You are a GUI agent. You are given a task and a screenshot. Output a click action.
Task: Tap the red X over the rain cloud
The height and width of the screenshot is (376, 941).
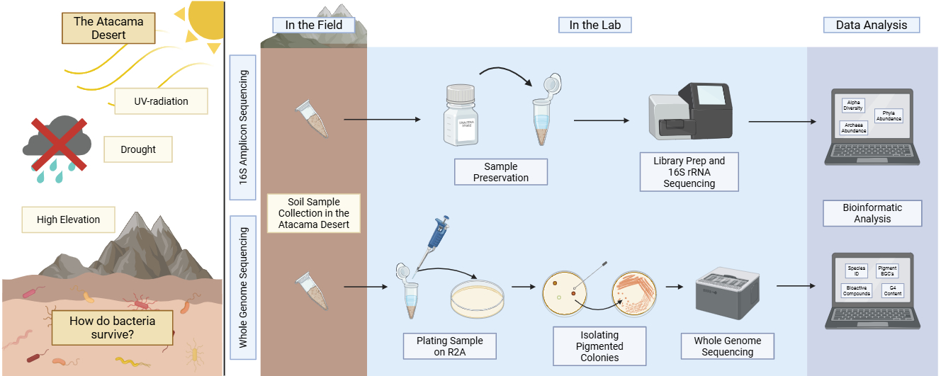point(59,144)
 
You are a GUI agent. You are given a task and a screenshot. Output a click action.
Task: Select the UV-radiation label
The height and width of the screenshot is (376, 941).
point(162,101)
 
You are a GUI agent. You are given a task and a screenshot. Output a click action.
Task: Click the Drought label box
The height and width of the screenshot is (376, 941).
point(137,149)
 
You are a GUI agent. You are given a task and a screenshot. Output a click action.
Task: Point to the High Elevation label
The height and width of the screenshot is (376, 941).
point(68,220)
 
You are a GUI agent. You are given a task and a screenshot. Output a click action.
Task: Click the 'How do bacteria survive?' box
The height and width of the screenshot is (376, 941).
point(112,326)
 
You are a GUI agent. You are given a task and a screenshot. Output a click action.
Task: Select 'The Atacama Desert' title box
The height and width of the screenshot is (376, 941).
point(108,28)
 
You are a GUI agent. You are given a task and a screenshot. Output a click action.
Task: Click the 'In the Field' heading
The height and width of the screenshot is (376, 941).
point(313,25)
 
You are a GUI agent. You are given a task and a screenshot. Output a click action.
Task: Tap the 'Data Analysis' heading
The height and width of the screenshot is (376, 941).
point(871,25)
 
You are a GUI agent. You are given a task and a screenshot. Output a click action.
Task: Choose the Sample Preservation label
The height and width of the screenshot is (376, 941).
point(501,172)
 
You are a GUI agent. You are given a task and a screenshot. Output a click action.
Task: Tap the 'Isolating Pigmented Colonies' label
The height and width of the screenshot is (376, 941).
point(599,346)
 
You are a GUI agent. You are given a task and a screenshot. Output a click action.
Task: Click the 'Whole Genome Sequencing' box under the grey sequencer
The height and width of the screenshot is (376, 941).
point(727,346)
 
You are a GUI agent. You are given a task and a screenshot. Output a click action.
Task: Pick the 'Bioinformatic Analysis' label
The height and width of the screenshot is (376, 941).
point(872,213)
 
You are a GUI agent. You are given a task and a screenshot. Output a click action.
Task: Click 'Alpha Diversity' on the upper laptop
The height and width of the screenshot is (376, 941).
point(852,106)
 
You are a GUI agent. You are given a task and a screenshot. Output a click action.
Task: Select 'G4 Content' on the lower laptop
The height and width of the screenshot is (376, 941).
point(892,290)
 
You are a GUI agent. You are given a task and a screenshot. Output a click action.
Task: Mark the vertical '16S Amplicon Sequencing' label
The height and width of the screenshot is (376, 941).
point(243,128)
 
